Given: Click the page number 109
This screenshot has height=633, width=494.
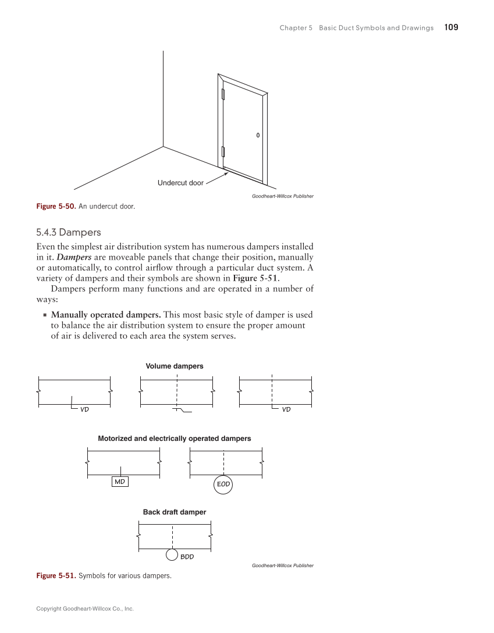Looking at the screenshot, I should pyautogui.click(x=451, y=27).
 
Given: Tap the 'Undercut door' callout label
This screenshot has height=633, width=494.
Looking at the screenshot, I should pyautogui.click(x=180, y=183).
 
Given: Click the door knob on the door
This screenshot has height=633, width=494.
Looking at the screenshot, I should pyautogui.click(x=258, y=135).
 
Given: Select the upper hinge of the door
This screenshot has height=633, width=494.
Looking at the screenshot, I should pyautogui.click(x=223, y=94).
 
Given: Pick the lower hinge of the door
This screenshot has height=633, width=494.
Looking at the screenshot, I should pyautogui.click(x=223, y=152).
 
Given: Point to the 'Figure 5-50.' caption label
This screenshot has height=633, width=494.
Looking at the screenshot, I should pyautogui.click(x=56, y=206).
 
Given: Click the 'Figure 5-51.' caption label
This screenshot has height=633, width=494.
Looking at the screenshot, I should pyautogui.click(x=56, y=576).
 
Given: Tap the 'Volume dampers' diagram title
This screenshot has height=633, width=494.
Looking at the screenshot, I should pyautogui.click(x=175, y=366).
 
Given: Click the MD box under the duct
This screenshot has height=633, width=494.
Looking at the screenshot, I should pyautogui.click(x=120, y=482).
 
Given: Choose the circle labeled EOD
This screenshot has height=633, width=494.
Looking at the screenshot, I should pyautogui.click(x=223, y=484).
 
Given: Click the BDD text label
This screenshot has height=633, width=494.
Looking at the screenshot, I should pyautogui.click(x=187, y=557).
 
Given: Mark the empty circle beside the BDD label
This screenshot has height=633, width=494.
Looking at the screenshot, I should pyautogui.click(x=172, y=554).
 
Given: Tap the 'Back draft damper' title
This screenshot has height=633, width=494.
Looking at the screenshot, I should pyautogui.click(x=175, y=512).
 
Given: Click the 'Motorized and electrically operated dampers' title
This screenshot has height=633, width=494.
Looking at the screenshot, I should pyautogui.click(x=175, y=438).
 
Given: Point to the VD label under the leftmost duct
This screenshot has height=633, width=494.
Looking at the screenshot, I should pyautogui.click(x=84, y=409).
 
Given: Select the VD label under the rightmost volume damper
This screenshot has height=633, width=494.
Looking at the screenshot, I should pyautogui.click(x=286, y=409).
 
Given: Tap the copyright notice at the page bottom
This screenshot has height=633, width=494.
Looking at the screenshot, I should pyautogui.click(x=85, y=609).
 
